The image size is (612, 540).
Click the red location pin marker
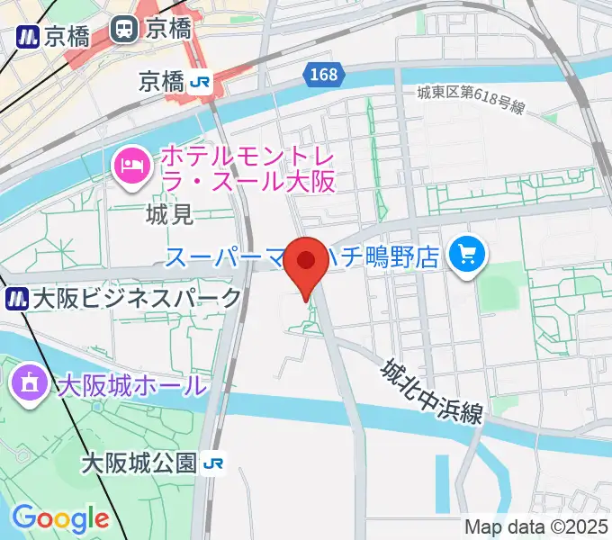click(307, 263)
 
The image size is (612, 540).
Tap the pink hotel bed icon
click(132, 166)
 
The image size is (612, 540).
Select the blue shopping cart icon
click(466, 255)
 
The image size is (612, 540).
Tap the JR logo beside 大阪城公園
click(213, 463)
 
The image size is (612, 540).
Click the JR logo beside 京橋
click(200, 82)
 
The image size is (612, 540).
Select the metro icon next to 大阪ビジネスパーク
click(16, 297)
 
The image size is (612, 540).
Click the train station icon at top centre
click(123, 30)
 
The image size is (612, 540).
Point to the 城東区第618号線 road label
click(471, 99)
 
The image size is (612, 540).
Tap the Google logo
click(60, 518)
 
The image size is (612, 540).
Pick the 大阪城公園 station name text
click(139, 463)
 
